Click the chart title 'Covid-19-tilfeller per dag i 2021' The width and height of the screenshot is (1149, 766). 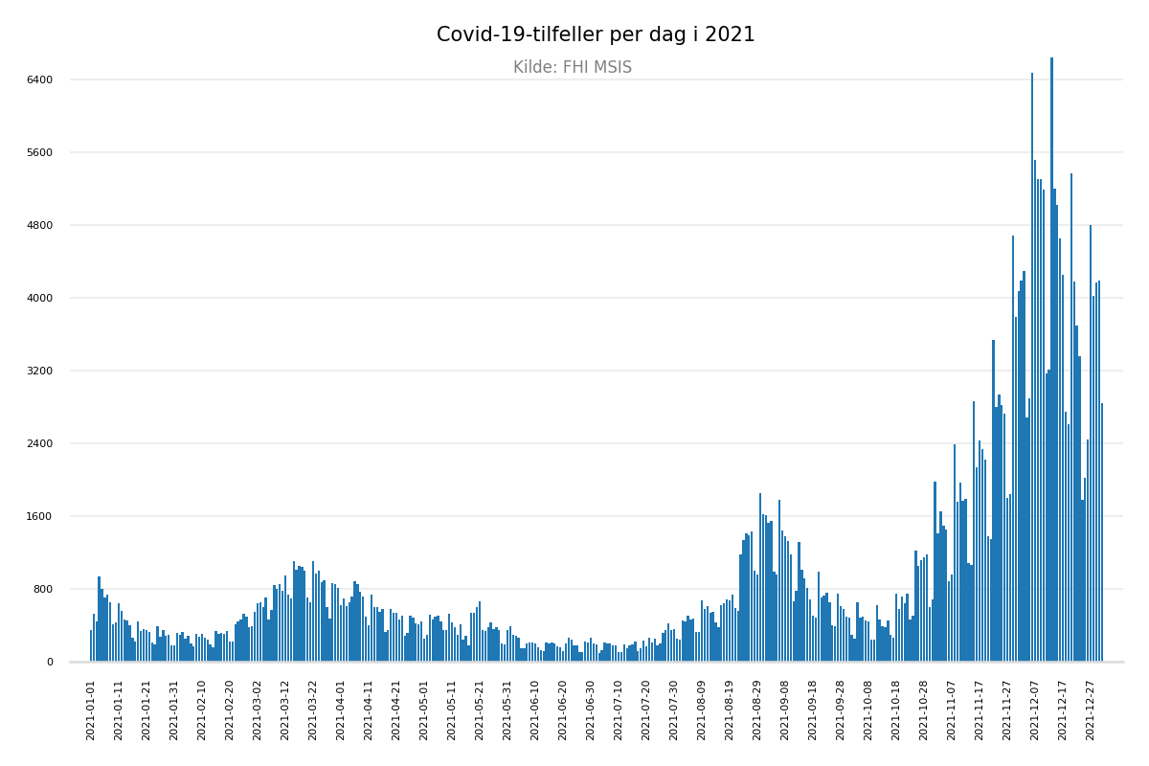[x=596, y=35]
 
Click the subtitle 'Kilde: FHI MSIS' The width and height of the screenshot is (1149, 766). [x=573, y=68]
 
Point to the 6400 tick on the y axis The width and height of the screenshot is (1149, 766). [x=40, y=79]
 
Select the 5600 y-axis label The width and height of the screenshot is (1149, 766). [x=40, y=152]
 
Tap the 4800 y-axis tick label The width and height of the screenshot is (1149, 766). [x=40, y=225]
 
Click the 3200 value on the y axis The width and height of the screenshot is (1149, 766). [x=40, y=371]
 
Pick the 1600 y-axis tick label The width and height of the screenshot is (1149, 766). [x=40, y=516]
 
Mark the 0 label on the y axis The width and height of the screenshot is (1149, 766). [x=49, y=662]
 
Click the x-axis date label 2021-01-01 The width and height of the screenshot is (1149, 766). [x=91, y=710]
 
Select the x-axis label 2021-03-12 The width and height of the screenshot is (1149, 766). [x=285, y=710]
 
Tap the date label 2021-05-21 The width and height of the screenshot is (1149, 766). [x=480, y=710]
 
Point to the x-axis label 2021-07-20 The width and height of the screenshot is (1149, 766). [x=646, y=710]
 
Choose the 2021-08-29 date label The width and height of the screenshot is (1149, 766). [x=757, y=710]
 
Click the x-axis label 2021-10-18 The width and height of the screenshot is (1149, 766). [x=896, y=710]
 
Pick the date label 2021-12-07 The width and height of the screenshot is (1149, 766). [x=1035, y=710]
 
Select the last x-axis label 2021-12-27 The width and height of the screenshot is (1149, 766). [x=1091, y=710]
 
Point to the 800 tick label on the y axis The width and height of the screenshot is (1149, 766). [x=43, y=589]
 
